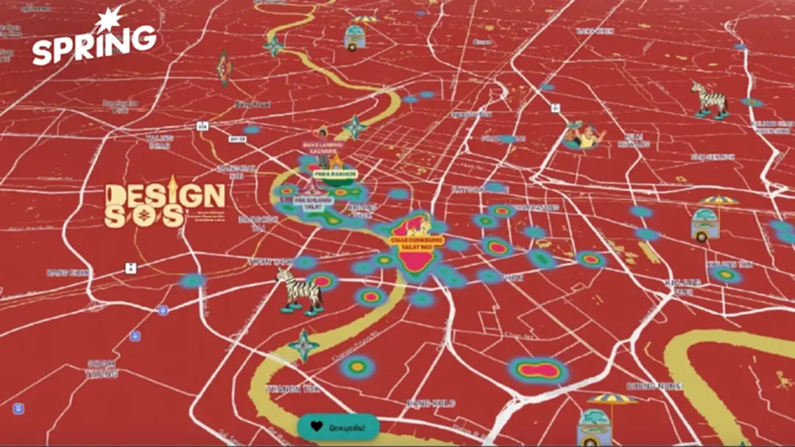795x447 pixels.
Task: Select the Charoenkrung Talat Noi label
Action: pyautogui.click(x=417, y=243)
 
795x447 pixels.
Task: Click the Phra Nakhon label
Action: pyautogui.click(x=336, y=174)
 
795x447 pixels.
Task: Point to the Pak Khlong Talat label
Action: pyautogui.click(x=314, y=202)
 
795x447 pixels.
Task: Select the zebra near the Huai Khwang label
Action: pyautogui.click(x=709, y=99)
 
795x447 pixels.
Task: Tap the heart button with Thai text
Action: pyautogui.click(x=338, y=426)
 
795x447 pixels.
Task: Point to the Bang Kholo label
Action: pyautogui.click(x=431, y=403)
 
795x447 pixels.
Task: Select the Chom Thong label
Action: pyautogui.click(x=101, y=368)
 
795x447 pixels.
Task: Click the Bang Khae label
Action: pyautogui.click(x=68, y=272)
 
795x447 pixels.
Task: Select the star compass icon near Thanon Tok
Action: pyautogui.click(x=304, y=346)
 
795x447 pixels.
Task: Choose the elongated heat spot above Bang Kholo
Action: pyautogui.click(x=540, y=370)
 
